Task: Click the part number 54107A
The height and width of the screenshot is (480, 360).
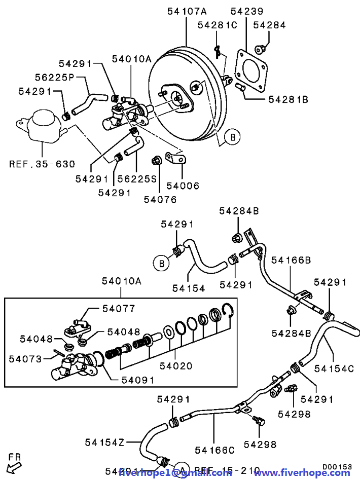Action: (x=187, y=11)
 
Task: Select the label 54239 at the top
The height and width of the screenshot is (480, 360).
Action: (x=247, y=11)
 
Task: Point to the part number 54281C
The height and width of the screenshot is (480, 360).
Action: (x=217, y=25)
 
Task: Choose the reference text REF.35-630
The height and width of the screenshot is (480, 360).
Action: (x=42, y=164)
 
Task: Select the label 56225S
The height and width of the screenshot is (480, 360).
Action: (x=137, y=178)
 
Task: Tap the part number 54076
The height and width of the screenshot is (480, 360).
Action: (x=160, y=199)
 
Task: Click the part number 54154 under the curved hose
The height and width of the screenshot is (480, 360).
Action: (x=188, y=288)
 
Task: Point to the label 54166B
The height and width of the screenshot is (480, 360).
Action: (x=291, y=260)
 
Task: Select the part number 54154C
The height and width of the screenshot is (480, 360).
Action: (x=333, y=368)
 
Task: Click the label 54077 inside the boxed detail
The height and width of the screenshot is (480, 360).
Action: (x=119, y=308)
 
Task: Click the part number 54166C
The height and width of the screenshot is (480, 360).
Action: (x=214, y=450)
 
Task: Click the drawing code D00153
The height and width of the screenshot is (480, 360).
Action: (x=337, y=466)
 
